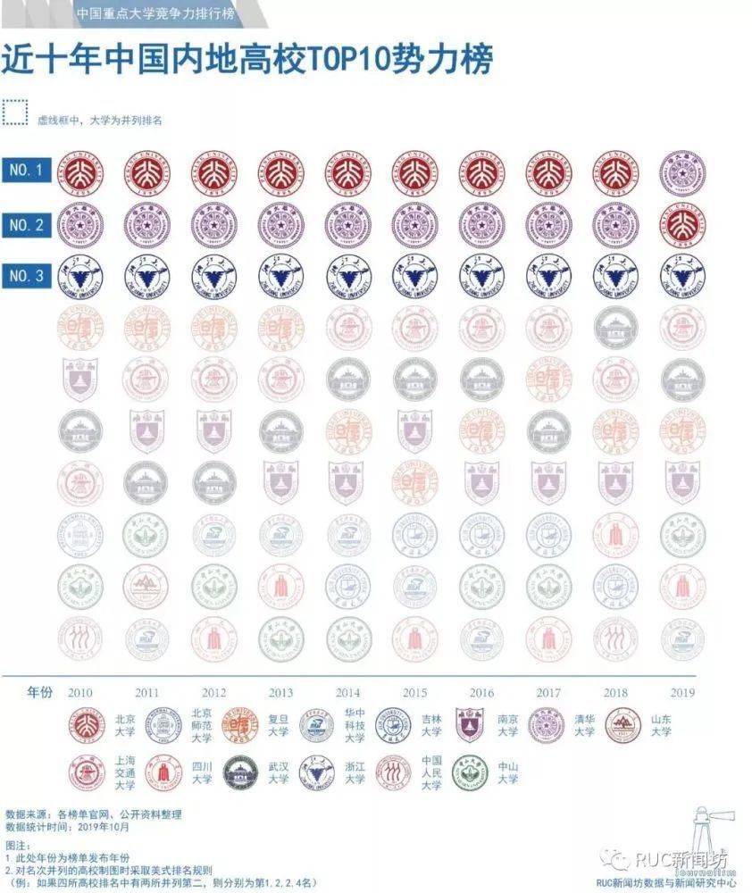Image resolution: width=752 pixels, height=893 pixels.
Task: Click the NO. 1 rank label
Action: coord(27,170)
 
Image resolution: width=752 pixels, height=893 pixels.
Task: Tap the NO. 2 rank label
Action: coord(27,224)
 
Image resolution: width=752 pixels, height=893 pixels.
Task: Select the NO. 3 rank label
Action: coord(27,276)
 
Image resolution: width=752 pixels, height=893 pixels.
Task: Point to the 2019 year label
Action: coord(681,693)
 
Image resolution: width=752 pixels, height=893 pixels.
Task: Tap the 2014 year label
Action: coord(347,693)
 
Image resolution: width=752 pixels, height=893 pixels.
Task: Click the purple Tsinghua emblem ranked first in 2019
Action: coord(681,173)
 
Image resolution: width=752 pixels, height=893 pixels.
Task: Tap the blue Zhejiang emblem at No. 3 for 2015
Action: coord(414,277)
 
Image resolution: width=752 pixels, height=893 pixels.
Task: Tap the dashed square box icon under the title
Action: coord(15,113)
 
